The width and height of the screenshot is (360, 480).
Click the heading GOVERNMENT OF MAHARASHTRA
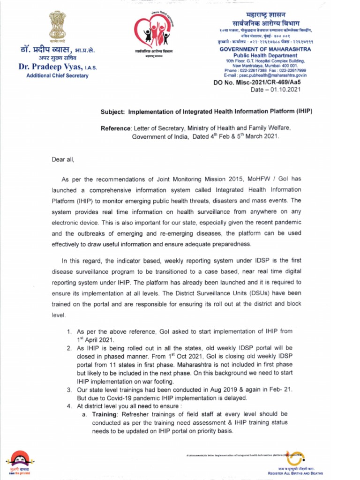click(262, 49)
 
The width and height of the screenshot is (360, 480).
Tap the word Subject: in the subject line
click(113, 112)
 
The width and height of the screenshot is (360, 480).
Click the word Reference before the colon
click(116, 128)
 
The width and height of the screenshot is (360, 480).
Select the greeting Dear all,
click(63, 159)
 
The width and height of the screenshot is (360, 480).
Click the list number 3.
click(68, 390)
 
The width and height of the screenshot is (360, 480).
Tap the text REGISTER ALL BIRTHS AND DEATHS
click(295, 473)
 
